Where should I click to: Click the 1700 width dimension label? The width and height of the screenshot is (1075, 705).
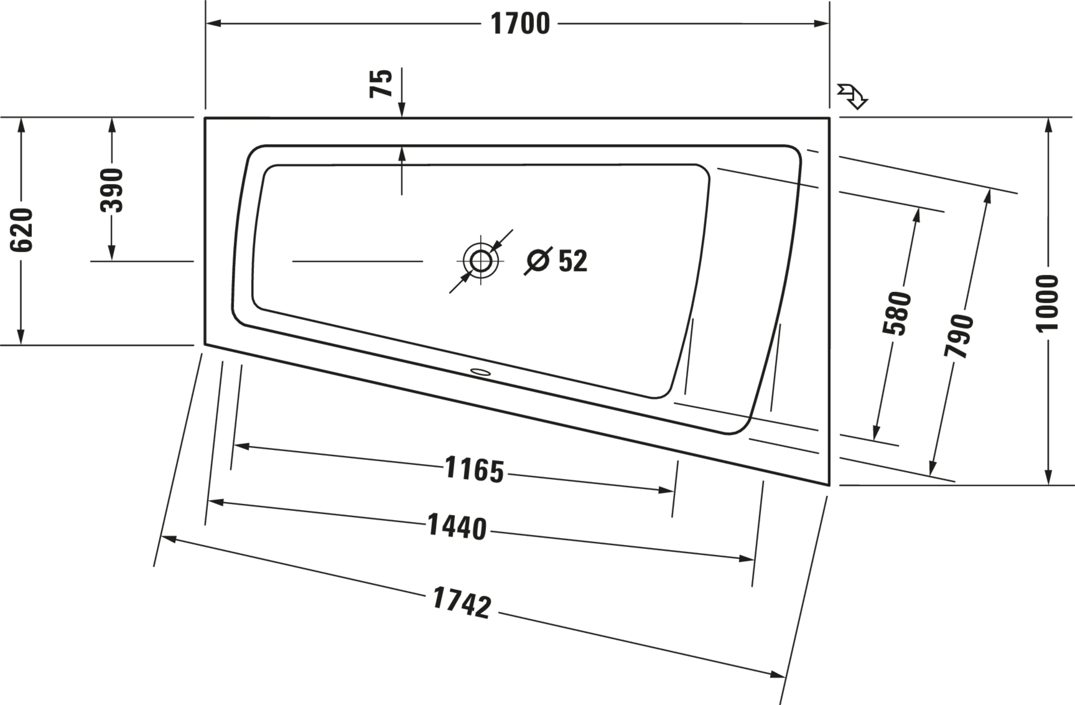520,24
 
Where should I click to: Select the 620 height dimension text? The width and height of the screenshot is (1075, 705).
21,230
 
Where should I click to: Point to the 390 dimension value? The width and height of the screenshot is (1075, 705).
111,190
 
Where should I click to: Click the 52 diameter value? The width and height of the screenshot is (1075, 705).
573,261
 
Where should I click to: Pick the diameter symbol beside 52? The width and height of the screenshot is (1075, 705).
538,261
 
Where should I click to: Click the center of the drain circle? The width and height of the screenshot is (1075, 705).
480,261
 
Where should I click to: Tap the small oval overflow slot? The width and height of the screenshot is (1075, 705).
480,372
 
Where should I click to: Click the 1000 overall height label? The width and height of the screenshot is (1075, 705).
1047,303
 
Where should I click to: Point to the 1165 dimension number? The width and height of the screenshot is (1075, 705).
474,470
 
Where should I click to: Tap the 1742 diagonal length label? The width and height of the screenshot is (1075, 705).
462,603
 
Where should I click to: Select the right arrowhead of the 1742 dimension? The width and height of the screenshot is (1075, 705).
778,675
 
